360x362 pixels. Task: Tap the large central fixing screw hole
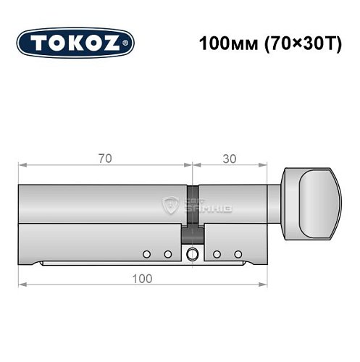192,254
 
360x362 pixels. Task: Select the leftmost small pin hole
147,254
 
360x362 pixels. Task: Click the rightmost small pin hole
237,254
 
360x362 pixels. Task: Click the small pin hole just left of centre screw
167,254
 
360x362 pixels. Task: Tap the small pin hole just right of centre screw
217,254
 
